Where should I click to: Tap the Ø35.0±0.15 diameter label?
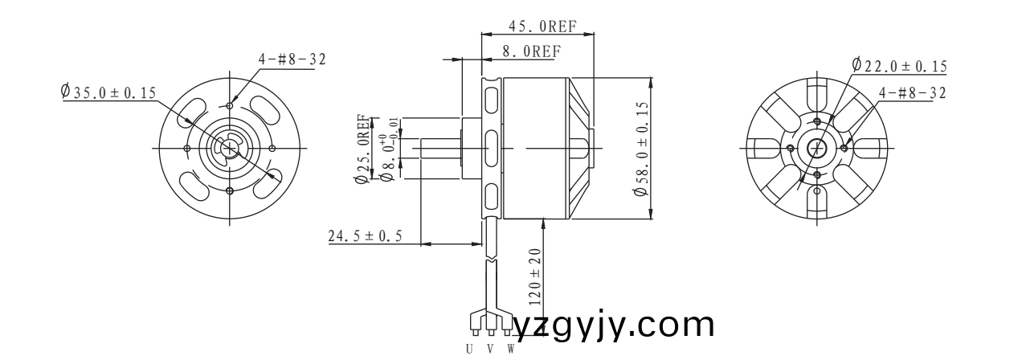tap(108, 92)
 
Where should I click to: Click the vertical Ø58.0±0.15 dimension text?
tap(641, 149)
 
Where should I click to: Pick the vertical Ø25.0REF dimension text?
tap(362, 149)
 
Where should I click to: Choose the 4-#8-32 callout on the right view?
tap(912, 92)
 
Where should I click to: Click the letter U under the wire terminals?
tap(470, 349)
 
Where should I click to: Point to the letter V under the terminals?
tap(490, 349)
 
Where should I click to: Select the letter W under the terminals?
tap(510, 349)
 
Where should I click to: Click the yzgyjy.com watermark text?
tap(614, 325)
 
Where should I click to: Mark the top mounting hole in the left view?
tap(231, 105)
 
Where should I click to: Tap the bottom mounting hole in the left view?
tap(231, 190)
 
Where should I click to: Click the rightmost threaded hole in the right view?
tap(844, 149)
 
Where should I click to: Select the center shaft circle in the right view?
tap(817, 149)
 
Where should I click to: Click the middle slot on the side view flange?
tap(490, 149)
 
